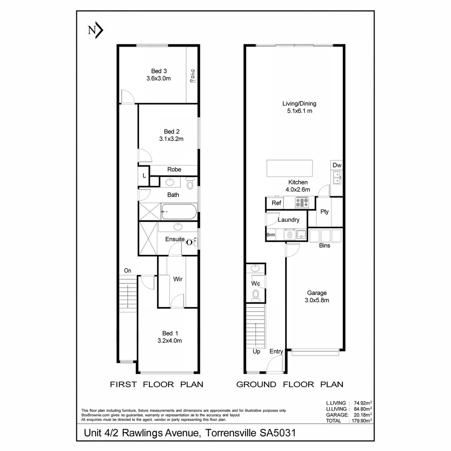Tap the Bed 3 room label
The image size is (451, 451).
coord(159,71)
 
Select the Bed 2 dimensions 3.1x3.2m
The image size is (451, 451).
coord(171,139)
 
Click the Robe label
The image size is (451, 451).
coord(174,170)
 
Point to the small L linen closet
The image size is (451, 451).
coord(144,176)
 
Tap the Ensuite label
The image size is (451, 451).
coord(175,239)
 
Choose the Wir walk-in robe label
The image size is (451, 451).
coord(178,279)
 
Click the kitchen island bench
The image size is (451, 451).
coord(290,168)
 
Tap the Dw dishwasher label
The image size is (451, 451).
coord(337,165)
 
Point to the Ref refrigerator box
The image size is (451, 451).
coord(276,203)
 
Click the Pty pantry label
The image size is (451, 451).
coord(324,212)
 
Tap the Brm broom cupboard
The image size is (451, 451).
coord(271,235)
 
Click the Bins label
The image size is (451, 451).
coord(324,246)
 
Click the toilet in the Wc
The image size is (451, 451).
coord(256,295)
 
